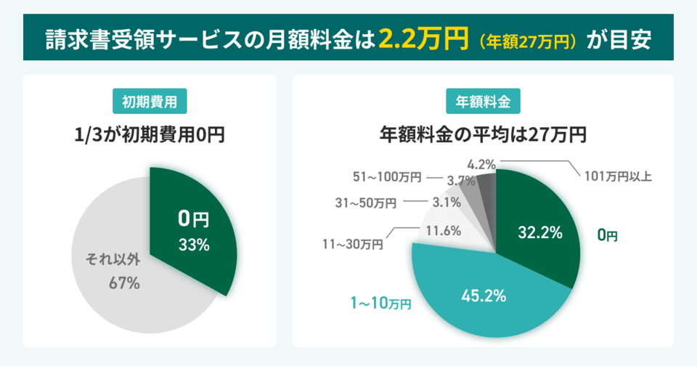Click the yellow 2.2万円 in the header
tap(422, 38)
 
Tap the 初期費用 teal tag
tap(150, 102)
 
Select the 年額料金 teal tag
tap(483, 102)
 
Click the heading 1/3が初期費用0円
tap(150, 135)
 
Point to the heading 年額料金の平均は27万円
tap(483, 135)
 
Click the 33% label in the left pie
tap(194, 245)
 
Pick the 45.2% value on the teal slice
tap(484, 296)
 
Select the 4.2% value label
tap(481, 165)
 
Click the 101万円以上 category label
tap(618, 176)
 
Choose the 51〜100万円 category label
tap(386, 176)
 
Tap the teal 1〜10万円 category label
tap(375, 302)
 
